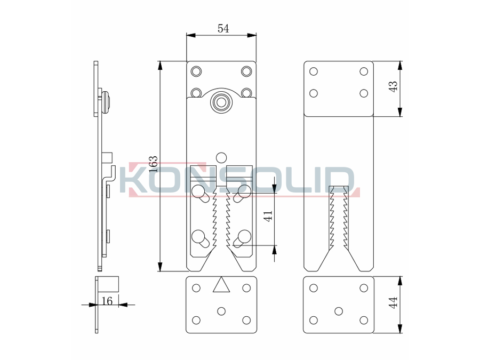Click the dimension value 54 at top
coord(223,29)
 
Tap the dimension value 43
coord(393,87)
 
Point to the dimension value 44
coord(393,303)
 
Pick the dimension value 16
coord(107,301)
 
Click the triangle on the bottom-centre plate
coord(221,285)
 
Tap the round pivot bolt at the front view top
coord(220,102)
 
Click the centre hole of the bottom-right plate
coord(338,310)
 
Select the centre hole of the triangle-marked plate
coord(221,310)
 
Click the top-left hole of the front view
coord(196,71)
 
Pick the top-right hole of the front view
coord(246,71)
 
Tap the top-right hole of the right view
coord(364,71)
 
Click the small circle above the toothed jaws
coord(221,157)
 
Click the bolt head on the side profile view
coord(107,101)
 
